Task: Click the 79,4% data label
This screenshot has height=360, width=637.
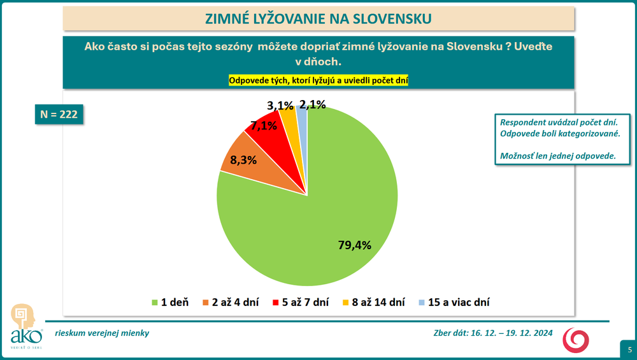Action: click(354, 244)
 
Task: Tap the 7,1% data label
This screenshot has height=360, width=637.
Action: click(264, 126)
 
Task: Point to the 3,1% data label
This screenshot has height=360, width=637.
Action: click(280, 104)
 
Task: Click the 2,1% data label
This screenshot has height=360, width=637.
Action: click(313, 104)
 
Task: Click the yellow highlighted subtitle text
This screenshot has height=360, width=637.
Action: click(318, 80)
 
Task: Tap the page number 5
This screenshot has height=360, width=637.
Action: click(629, 350)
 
